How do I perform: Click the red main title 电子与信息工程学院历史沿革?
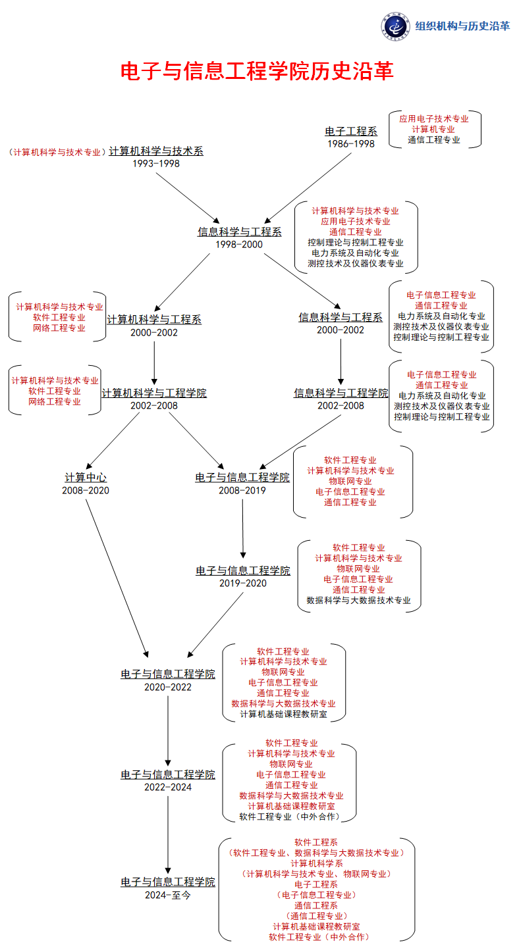pos(257,71)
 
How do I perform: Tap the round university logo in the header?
pos(395,26)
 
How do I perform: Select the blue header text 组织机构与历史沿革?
pos(462,26)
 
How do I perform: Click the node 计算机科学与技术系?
pos(156,151)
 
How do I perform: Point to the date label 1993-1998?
pos(156,163)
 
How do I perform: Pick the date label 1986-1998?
pos(351,143)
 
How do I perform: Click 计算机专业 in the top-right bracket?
pos(434,129)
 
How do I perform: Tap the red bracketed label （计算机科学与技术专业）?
pos(58,151)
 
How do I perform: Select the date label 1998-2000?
pos(239,244)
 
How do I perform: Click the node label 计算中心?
pos(86,478)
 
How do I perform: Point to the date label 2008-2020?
pos(86,490)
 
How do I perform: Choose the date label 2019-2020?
pos(243,583)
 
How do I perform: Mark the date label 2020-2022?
pos(168,687)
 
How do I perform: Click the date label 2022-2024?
pos(168,787)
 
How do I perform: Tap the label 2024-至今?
pos(168,895)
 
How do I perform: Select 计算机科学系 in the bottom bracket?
pos(317,863)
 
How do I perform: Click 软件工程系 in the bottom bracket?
pos(317,842)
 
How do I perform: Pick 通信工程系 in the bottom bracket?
pos(317,905)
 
